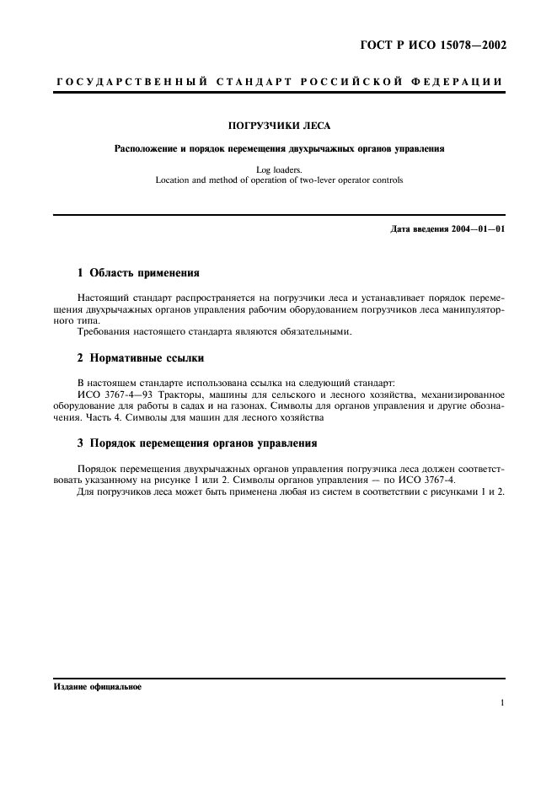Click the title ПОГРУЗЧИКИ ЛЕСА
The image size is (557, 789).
point(278,126)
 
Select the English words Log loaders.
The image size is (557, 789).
point(278,169)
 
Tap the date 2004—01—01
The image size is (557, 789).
point(479,228)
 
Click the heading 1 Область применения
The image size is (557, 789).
point(138,274)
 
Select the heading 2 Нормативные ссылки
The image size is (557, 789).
point(140,357)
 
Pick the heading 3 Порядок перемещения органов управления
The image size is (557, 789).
point(197,442)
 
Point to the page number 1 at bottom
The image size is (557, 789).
point(501,702)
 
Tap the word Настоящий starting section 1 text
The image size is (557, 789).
point(105,298)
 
